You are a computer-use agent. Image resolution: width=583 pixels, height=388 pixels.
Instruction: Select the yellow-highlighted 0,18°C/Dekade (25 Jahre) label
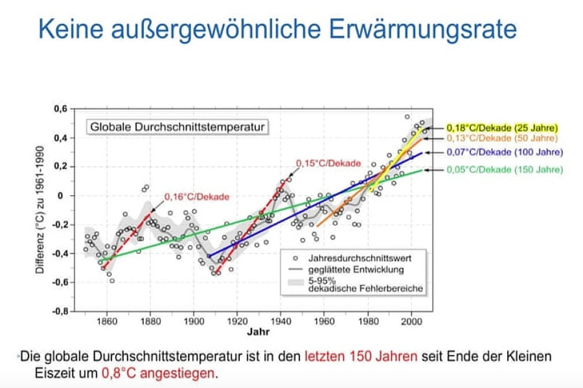pos(502,127)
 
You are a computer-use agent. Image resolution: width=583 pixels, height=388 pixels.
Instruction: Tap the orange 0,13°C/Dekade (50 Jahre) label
pos(501,138)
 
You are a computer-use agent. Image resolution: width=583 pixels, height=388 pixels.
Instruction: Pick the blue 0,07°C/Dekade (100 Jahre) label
pos(502,153)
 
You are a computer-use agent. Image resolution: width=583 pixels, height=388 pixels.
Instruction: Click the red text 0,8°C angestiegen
pos(159,373)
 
